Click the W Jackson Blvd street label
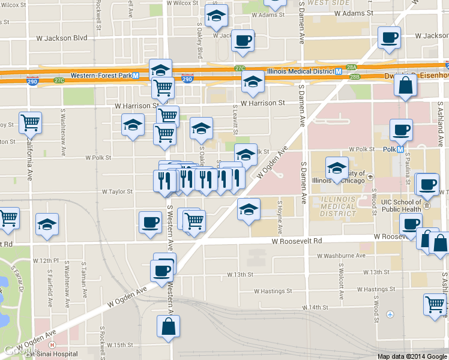(x=62, y=38)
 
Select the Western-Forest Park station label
(x=101, y=76)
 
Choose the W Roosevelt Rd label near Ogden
(x=297, y=241)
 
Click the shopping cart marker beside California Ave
(x=30, y=123)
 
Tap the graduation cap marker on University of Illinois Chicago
(x=337, y=169)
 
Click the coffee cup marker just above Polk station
(x=401, y=130)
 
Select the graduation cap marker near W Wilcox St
(x=216, y=17)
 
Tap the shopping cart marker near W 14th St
(x=435, y=304)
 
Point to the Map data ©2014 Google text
(x=412, y=356)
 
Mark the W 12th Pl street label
(x=47, y=261)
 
